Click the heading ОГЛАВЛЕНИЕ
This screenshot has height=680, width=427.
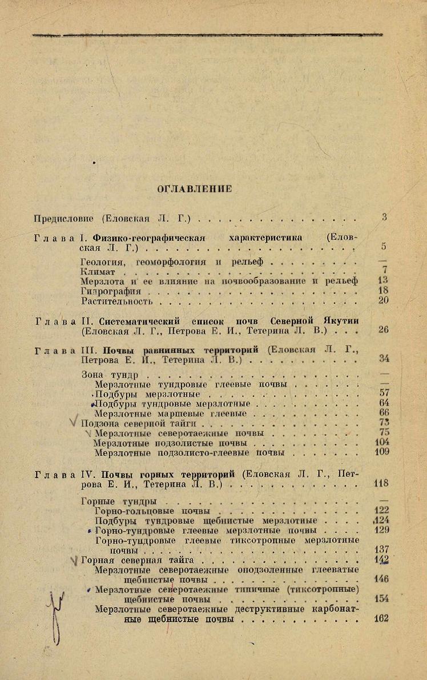[x=195, y=190]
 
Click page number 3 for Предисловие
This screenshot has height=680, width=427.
[x=385, y=217]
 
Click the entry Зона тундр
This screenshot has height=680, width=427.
[x=110, y=376]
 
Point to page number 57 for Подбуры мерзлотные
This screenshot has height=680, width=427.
[x=384, y=393]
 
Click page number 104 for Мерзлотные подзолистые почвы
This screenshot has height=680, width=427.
[x=382, y=442]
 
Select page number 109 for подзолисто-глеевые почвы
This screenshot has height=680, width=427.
[x=382, y=452]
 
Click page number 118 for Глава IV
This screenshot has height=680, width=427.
[x=381, y=483]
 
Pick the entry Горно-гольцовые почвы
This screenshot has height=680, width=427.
[x=152, y=511]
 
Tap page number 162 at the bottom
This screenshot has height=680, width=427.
[x=381, y=618]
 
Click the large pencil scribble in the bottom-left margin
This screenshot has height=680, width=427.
[x=55, y=614]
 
